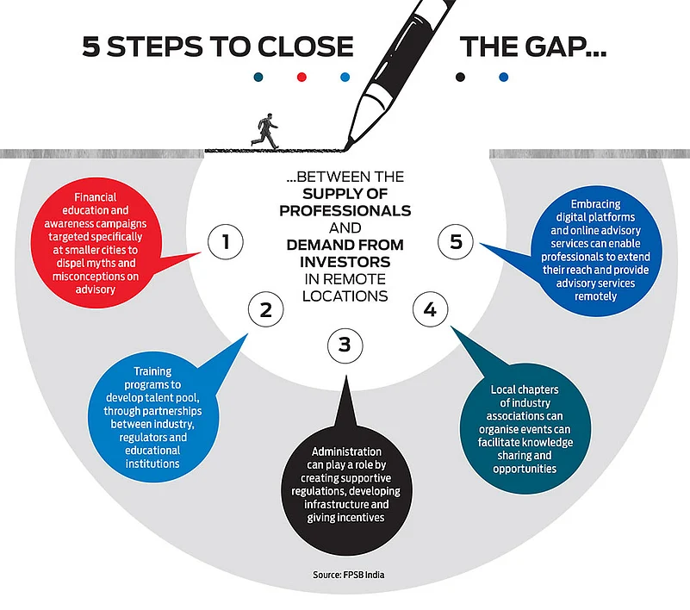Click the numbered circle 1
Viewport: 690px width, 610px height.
[x=227, y=242]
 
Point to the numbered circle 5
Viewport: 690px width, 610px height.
[x=457, y=242]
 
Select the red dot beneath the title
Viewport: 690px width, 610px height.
[x=301, y=77]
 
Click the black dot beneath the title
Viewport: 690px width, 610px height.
[x=461, y=77]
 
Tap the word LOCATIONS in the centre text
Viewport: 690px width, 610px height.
[x=345, y=295]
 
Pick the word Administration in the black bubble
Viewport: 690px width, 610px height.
[x=345, y=451]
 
